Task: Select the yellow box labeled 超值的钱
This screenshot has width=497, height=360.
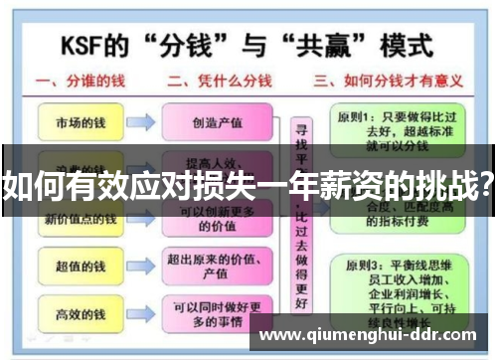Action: point(80,266)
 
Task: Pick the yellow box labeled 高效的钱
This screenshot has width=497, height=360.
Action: point(80,315)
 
